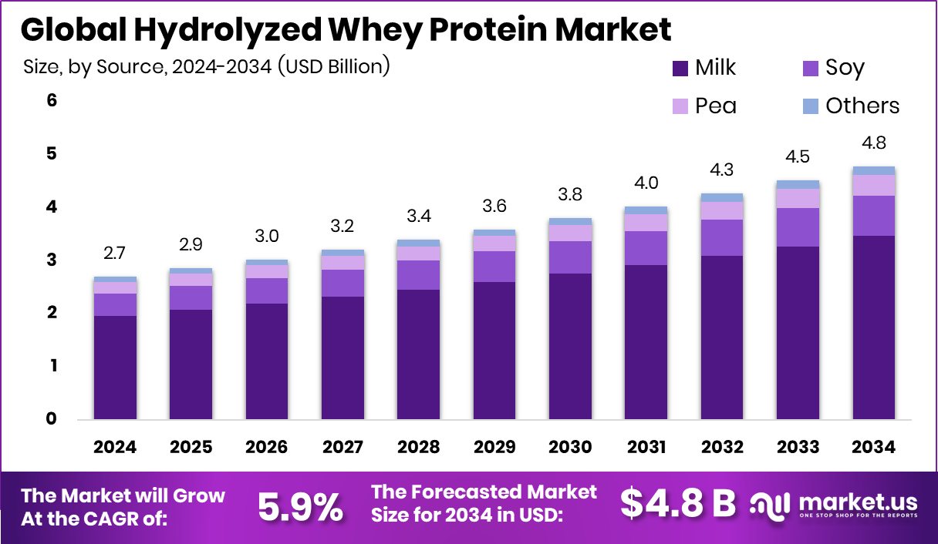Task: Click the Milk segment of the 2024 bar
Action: point(116,368)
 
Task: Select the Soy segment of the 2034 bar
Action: point(873,216)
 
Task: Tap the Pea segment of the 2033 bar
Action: point(798,198)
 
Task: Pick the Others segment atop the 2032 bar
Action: point(722,197)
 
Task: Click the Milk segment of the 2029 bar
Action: point(494,351)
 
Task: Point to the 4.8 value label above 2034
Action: point(873,143)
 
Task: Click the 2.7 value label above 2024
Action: point(116,254)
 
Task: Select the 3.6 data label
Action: point(494,207)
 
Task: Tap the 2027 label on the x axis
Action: point(342,448)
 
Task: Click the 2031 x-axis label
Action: point(646,448)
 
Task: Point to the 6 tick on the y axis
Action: point(52,100)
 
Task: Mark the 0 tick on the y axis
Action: point(52,419)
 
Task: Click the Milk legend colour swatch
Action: point(679,68)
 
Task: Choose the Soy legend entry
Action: point(844,68)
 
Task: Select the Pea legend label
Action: point(716,106)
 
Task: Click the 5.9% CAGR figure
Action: point(300,506)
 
